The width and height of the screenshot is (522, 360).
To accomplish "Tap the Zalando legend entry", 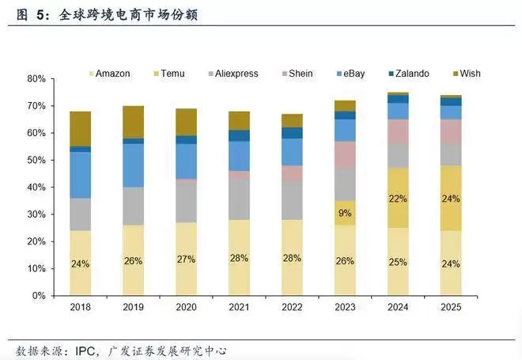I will tap(409, 74).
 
